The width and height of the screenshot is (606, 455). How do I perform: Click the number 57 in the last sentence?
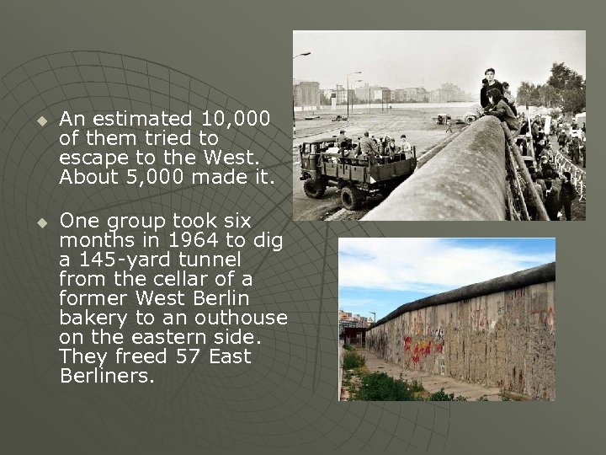click(188, 357)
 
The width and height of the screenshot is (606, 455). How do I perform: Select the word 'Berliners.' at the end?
click(106, 377)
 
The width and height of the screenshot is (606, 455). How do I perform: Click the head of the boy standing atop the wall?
click(489, 76)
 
